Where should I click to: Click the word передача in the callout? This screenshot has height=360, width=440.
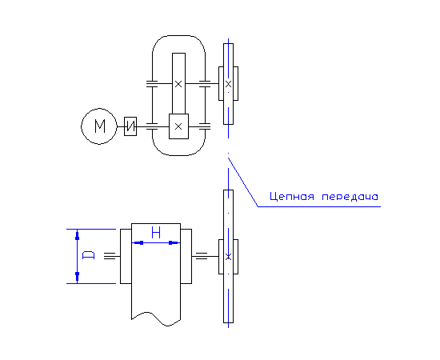350,197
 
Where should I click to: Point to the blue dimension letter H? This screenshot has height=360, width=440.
156,233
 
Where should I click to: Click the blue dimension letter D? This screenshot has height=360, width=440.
88,255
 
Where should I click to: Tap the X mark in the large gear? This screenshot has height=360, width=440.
178,84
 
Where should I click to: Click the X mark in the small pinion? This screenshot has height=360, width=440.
178,126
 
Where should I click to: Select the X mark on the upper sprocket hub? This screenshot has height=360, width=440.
229,84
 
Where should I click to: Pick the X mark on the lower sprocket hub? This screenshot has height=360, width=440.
229,257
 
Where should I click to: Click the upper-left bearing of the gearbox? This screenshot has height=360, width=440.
152,84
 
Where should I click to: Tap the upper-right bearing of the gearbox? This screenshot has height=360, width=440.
205,84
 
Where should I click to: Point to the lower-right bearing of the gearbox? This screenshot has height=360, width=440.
205,126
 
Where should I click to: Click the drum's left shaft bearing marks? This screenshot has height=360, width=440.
110,256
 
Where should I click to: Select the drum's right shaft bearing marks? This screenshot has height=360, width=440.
202,256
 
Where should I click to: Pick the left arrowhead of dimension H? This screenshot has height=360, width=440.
138,242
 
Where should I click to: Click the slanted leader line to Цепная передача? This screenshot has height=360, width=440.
243,182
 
